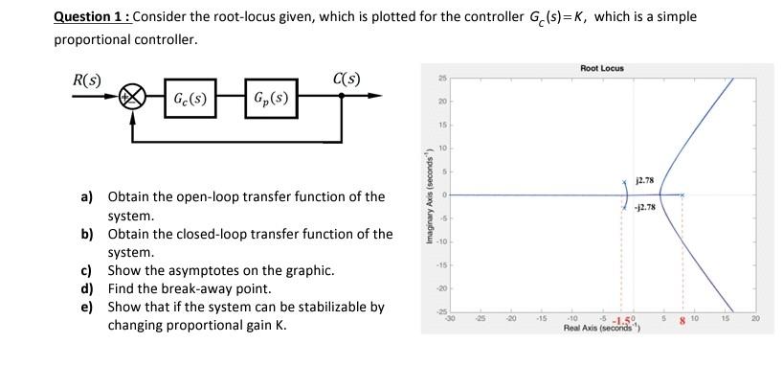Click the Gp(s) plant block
(x=272, y=97)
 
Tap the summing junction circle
(x=133, y=97)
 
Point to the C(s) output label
(x=347, y=78)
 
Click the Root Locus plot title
(x=601, y=68)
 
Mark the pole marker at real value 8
(x=682, y=194)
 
